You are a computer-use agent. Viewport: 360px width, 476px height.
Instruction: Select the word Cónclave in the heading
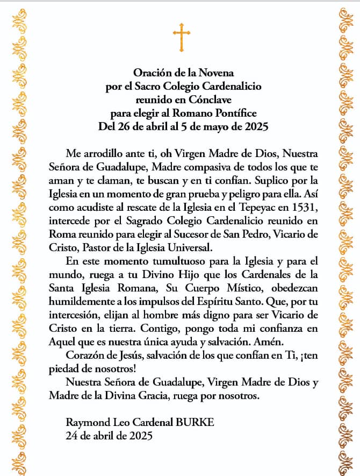[206, 99]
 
